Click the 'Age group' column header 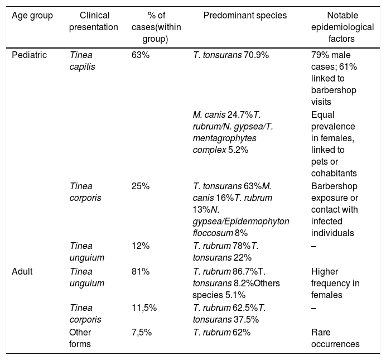(x=32, y=16)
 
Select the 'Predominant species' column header (x=245, y=16)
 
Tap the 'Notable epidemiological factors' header (x=342, y=27)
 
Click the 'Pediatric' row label (x=30, y=55)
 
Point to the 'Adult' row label (x=22, y=272)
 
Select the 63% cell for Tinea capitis (x=141, y=55)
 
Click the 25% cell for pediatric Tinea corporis (x=141, y=186)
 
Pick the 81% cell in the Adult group (x=141, y=272)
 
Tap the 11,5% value (x=144, y=308)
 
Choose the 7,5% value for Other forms (x=142, y=333)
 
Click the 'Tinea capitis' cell (x=82, y=61)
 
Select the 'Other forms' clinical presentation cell (x=80, y=338)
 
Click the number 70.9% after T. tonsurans (x=256, y=55)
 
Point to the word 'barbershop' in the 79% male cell (x=334, y=90)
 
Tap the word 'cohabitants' (x=334, y=174)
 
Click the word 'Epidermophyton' (x=257, y=222)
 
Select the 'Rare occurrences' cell (x=335, y=338)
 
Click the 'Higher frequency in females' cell (x=335, y=284)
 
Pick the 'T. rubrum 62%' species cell (x=221, y=333)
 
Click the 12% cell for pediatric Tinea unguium (x=141, y=246)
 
